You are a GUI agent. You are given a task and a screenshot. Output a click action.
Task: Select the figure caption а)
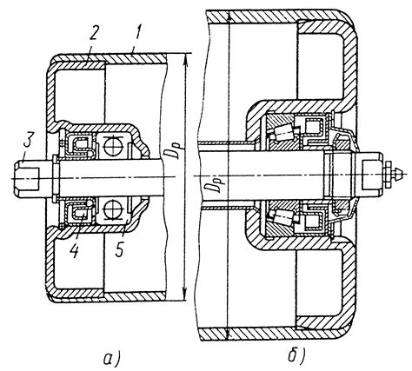tap(112, 359)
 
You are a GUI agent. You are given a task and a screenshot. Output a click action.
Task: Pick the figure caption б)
tap(296, 356)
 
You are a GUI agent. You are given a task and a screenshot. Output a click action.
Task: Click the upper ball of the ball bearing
tap(113, 146)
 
